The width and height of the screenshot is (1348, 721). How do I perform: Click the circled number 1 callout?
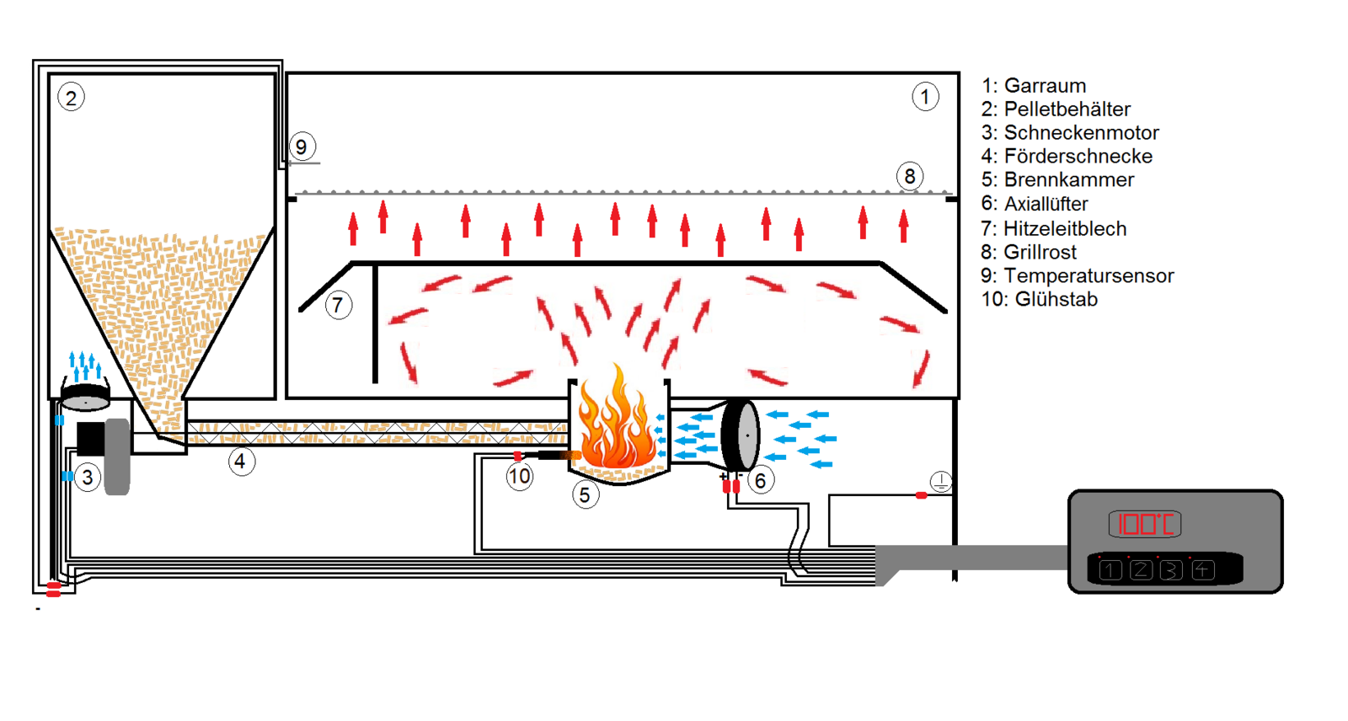pyautogui.click(x=925, y=97)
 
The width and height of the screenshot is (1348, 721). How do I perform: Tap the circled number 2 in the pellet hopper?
pyautogui.click(x=71, y=98)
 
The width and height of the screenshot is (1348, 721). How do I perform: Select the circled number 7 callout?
pyautogui.click(x=338, y=305)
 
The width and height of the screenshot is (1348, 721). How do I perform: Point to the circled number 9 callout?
pyautogui.click(x=302, y=147)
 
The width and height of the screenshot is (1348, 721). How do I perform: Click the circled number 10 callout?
pyautogui.click(x=519, y=477)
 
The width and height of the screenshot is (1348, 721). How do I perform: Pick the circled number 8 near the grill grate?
pyautogui.click(x=909, y=176)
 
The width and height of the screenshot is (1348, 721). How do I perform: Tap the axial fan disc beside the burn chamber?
pyautogui.click(x=741, y=435)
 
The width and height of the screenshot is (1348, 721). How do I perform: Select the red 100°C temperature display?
pyautogui.click(x=1144, y=524)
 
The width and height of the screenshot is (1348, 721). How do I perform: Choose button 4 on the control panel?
pyautogui.click(x=1202, y=570)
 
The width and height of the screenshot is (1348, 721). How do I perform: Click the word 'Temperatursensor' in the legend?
pyautogui.click(x=1089, y=275)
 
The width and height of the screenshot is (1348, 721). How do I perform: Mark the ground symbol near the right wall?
pyautogui.click(x=941, y=482)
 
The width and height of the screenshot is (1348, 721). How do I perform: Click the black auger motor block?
pyautogui.click(x=90, y=439)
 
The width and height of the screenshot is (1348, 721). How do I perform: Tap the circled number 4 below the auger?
pyautogui.click(x=241, y=462)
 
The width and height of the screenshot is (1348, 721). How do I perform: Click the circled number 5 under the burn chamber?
pyautogui.click(x=586, y=494)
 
